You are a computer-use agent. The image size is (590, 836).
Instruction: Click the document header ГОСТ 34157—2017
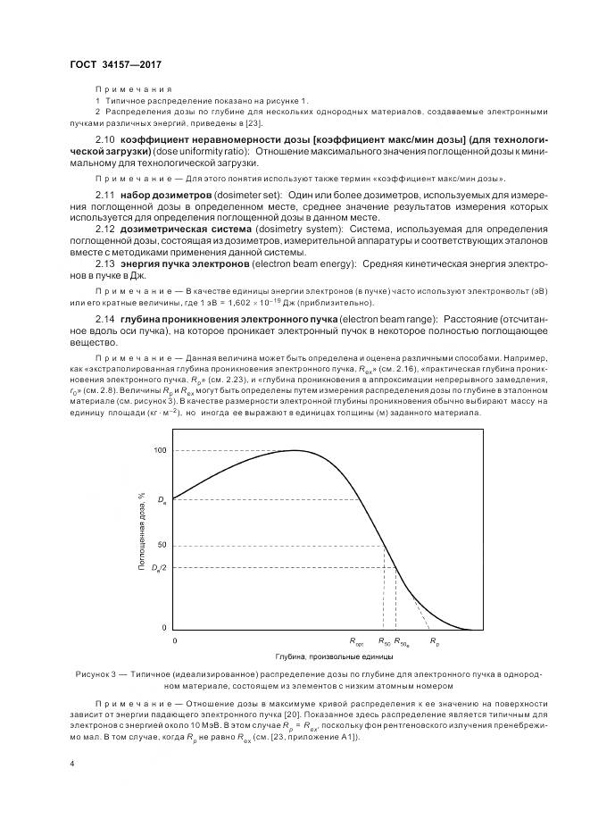(x=115, y=65)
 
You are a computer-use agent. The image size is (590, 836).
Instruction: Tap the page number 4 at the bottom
(x=72, y=765)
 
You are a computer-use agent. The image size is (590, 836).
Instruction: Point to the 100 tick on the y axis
(x=160, y=451)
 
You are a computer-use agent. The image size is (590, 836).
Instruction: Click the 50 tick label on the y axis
(x=162, y=545)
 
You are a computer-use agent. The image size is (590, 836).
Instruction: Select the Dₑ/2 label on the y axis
(x=158, y=568)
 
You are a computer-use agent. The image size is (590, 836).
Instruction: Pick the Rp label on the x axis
(x=435, y=641)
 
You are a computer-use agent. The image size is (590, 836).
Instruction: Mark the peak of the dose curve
(x=295, y=451)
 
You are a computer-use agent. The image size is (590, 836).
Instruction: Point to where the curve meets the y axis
(x=172, y=498)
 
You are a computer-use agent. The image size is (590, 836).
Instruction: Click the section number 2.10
(x=105, y=142)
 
